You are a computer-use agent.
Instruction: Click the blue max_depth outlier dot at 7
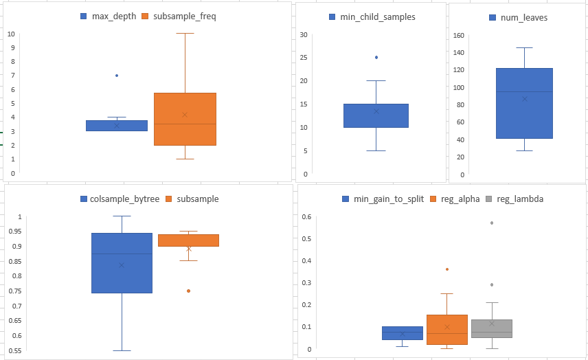pyautogui.click(x=117, y=76)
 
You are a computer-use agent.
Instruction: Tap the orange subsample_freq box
pyautogui.click(x=185, y=119)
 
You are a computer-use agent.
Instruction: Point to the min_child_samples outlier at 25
pyautogui.click(x=376, y=57)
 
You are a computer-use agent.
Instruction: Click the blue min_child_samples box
pyautogui.click(x=376, y=115)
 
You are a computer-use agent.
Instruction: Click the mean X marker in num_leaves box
pyautogui.click(x=524, y=99)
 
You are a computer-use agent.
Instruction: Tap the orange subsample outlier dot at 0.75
pyautogui.click(x=189, y=291)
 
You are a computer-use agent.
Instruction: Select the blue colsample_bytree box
pyautogui.click(x=122, y=263)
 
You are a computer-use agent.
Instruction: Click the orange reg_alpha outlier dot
pyautogui.click(x=447, y=269)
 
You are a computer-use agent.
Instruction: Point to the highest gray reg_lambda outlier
pyautogui.click(x=492, y=223)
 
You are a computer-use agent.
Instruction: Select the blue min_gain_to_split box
pyautogui.click(x=403, y=333)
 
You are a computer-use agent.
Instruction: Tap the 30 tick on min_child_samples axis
pyautogui.click(x=304, y=34)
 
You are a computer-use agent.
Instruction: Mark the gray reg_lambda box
pyautogui.click(x=492, y=328)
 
